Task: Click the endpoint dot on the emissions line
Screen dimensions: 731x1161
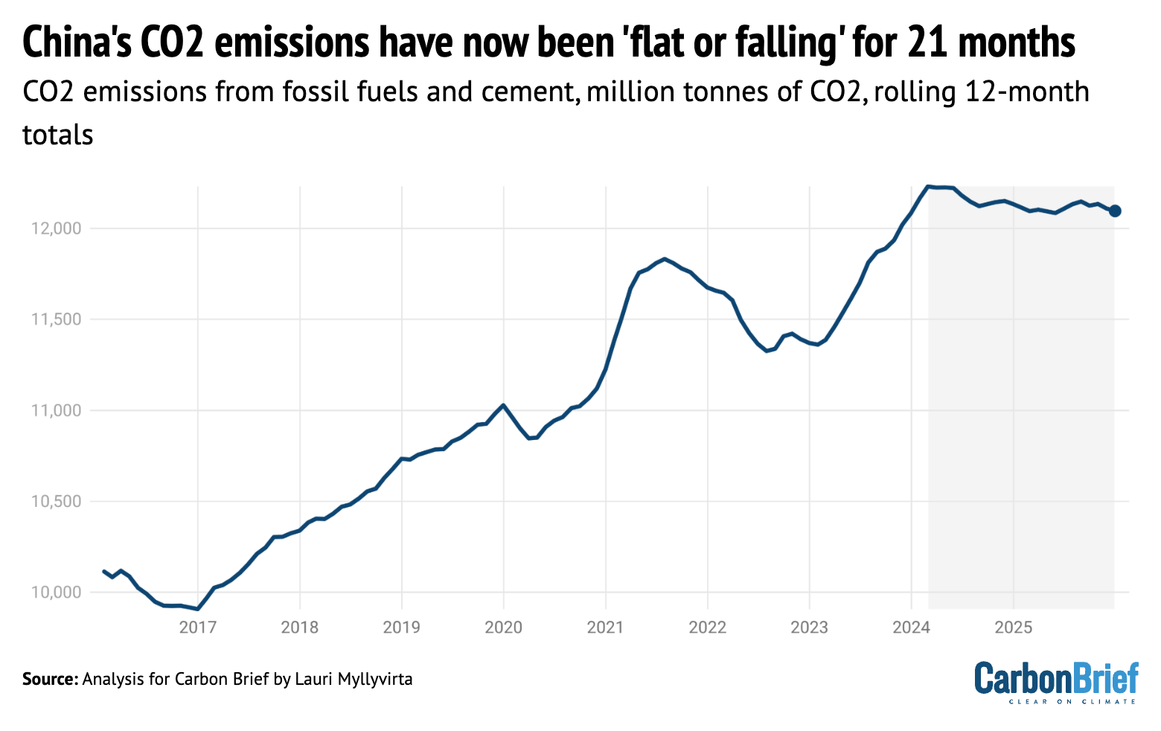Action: pos(1114,211)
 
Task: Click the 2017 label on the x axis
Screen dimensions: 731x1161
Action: pos(198,628)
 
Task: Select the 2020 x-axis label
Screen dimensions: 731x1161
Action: pos(504,628)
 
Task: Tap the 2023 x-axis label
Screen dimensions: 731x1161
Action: pos(809,628)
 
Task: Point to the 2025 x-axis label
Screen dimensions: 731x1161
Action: pos(1013,628)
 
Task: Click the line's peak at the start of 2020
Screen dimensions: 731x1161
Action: pos(504,405)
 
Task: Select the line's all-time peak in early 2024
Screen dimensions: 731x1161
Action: pos(927,186)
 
